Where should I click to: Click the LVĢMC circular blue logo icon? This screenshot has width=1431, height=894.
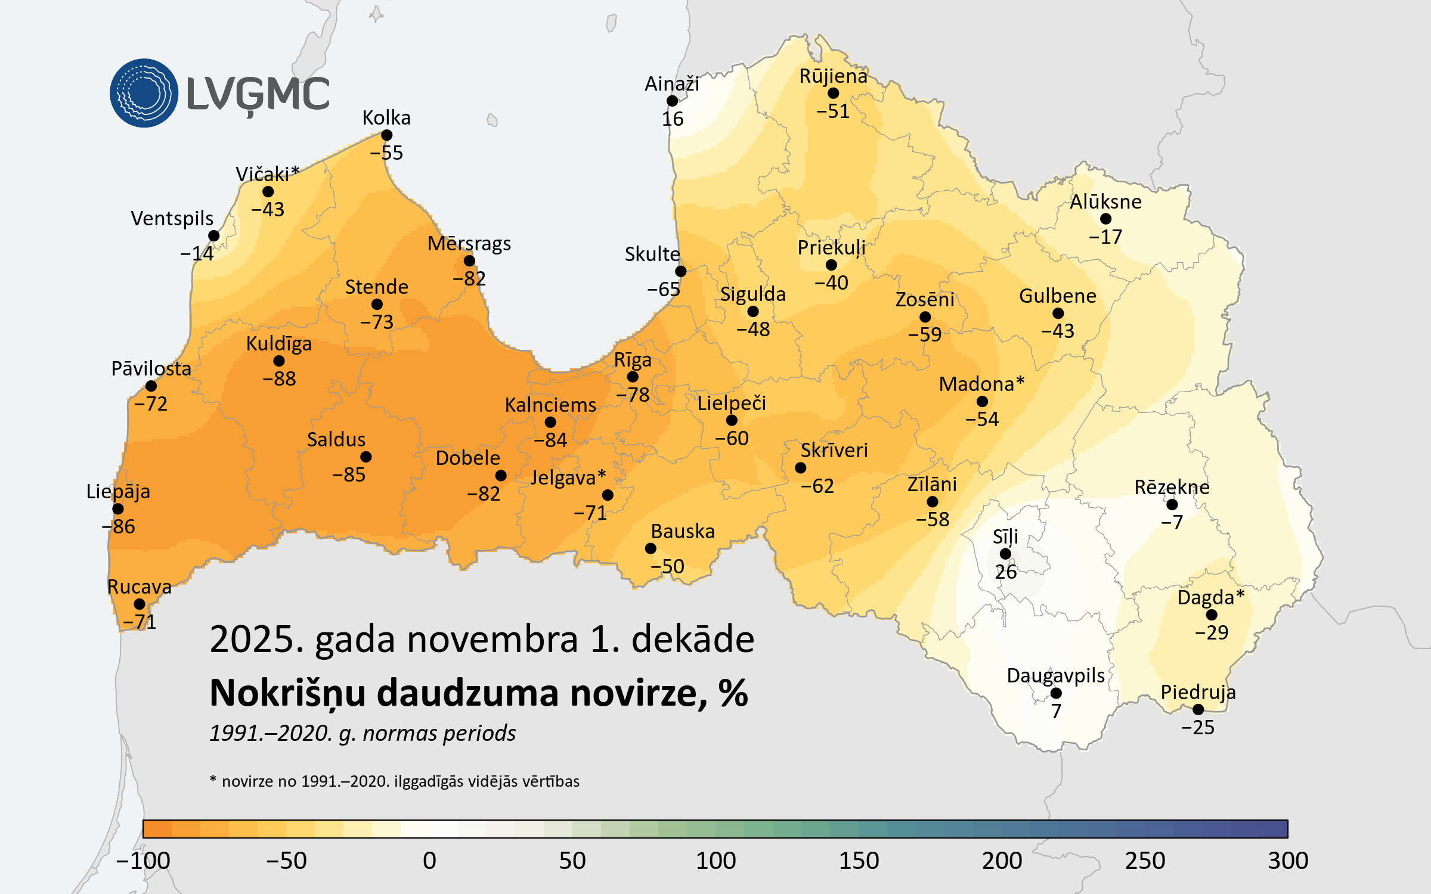(x=144, y=93)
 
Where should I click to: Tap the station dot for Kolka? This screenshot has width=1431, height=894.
(x=387, y=135)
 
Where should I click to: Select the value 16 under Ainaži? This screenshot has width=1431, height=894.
(x=673, y=119)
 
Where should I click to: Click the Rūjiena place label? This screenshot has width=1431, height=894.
(x=833, y=76)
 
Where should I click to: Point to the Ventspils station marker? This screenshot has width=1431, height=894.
(x=214, y=236)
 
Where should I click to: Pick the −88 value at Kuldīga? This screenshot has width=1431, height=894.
(x=279, y=379)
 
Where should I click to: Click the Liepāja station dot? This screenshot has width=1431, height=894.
(x=118, y=509)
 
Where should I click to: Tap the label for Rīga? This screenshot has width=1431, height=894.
(x=633, y=360)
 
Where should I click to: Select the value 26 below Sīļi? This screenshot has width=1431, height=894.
(x=1005, y=572)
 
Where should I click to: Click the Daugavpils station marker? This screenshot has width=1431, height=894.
(x=1056, y=693)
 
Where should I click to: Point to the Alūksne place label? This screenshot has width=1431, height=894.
(x=1105, y=202)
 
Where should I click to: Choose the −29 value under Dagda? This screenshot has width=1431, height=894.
(x=1212, y=632)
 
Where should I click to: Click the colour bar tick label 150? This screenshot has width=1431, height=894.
(x=859, y=861)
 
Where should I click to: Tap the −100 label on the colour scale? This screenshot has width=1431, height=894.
(x=143, y=861)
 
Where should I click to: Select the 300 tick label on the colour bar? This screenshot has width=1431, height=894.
(x=1288, y=861)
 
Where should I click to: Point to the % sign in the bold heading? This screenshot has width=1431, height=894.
(x=733, y=693)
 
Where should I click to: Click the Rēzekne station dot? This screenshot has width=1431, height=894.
(x=1172, y=505)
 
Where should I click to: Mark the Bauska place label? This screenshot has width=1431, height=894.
(x=683, y=531)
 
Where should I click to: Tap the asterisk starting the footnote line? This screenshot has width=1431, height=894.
(x=213, y=779)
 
